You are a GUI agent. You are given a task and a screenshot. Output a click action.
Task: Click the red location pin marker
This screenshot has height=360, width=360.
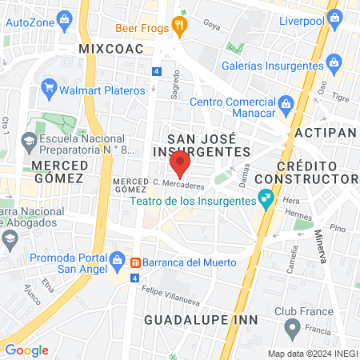[180, 165]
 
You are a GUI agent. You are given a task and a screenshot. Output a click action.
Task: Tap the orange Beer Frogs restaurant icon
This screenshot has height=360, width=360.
[181, 26]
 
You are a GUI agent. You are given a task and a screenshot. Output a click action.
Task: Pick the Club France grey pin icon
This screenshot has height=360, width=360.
[293, 326]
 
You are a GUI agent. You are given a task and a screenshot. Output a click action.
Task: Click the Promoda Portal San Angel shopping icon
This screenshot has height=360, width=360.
[117, 260]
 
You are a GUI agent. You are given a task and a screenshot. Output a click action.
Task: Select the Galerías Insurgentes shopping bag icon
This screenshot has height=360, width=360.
[334, 62]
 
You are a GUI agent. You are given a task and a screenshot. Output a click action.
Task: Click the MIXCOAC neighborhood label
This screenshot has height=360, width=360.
[111, 50]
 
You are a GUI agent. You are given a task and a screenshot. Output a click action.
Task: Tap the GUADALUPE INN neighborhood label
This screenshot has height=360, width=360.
[201, 320]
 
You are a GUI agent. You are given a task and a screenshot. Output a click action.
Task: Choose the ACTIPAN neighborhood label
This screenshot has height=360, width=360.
[324, 130]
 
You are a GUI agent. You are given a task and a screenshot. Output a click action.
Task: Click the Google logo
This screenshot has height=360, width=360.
[26, 350]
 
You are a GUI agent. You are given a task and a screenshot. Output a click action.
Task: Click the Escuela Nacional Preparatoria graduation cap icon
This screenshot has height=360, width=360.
[30, 142]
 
